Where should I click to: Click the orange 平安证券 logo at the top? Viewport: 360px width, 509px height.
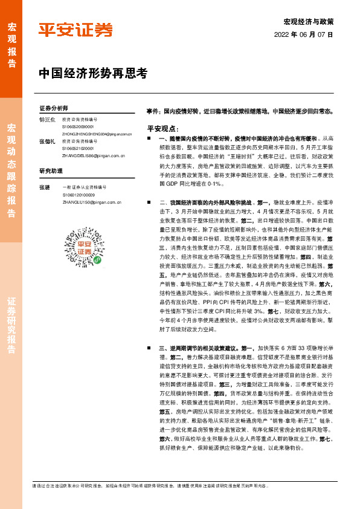76,30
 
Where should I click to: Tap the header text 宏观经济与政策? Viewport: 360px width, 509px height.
308,22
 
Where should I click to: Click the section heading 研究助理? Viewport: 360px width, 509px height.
51,171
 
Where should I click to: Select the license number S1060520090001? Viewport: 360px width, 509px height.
78,127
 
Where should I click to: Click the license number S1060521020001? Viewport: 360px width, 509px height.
78,148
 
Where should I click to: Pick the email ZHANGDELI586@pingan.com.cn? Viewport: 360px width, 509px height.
93,156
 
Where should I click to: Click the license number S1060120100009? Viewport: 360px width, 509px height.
78,195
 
